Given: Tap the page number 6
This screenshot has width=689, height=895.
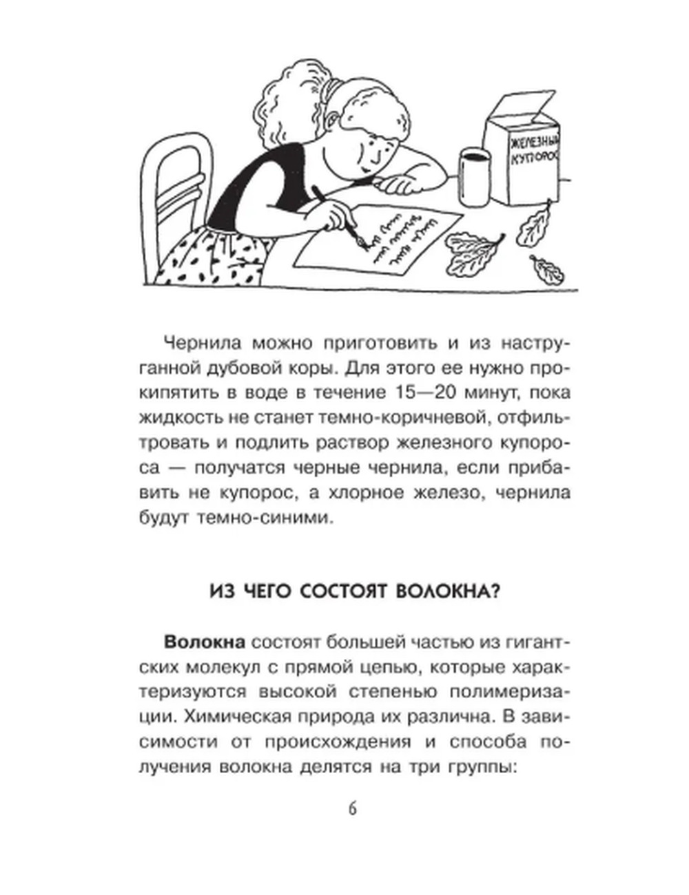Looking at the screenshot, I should point(352,808).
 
